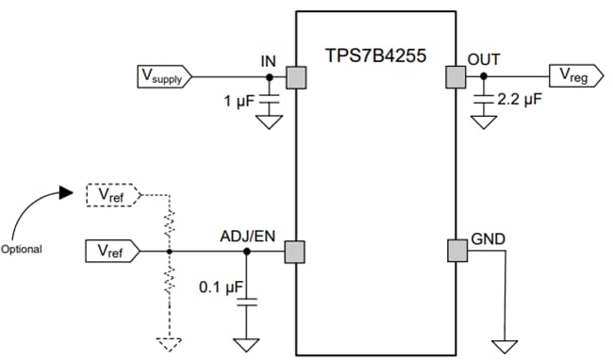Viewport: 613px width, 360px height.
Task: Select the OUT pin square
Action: (456, 76)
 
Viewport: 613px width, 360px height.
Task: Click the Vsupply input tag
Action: (163, 76)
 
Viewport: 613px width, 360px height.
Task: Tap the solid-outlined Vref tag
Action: (112, 252)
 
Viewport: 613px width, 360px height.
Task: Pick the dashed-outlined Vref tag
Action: (112, 195)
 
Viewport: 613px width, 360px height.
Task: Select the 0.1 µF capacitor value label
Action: (220, 285)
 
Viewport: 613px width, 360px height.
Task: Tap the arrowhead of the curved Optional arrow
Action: (65, 192)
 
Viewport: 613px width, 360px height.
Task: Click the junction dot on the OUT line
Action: (484, 76)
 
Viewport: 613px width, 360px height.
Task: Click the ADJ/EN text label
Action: (249, 236)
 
